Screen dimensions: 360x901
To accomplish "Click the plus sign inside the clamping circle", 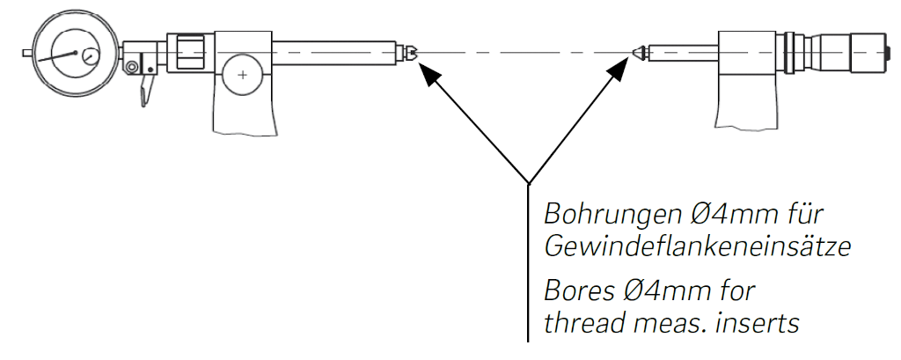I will point(242,76).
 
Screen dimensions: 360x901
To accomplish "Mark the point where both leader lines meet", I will point(528,184).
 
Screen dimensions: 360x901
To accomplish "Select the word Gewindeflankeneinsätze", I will point(697,249).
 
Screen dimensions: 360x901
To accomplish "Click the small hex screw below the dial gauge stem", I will point(133,68).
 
